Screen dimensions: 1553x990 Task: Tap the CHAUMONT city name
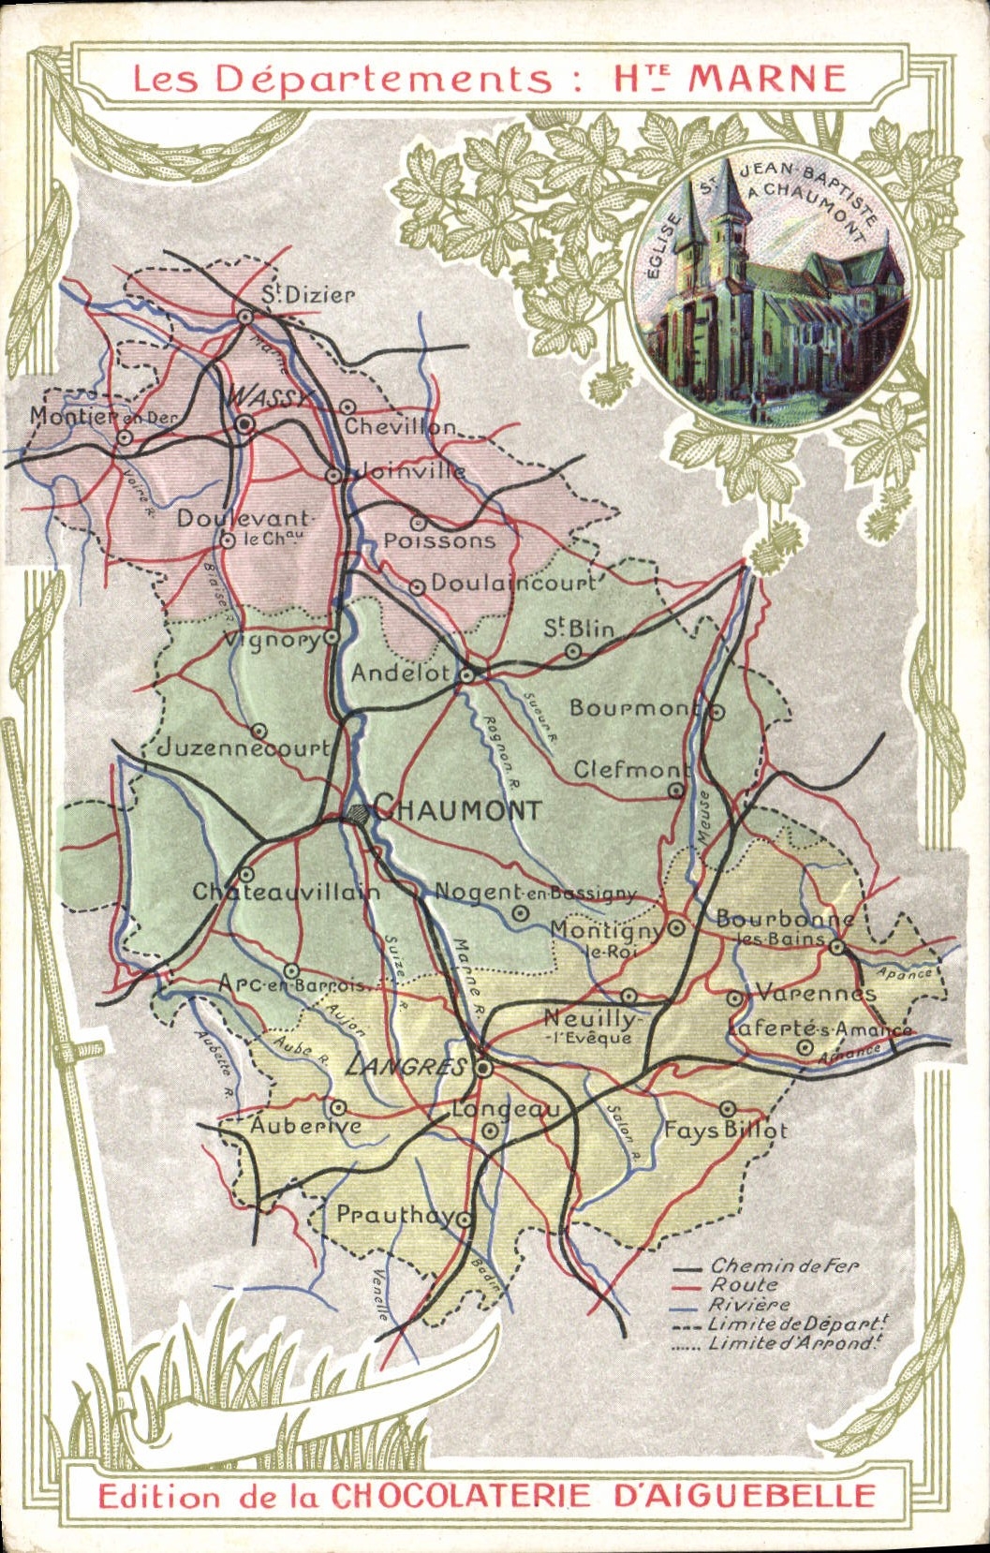pyautogui.click(x=457, y=810)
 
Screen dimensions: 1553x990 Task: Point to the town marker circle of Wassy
pyautogui.click(x=245, y=424)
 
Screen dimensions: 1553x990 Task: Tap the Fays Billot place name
pyautogui.click(x=726, y=1131)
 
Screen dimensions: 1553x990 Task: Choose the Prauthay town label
pyautogui.click(x=394, y=1215)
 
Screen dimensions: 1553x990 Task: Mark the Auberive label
pyautogui.click(x=304, y=1125)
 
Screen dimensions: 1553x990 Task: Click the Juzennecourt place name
pyautogui.click(x=243, y=747)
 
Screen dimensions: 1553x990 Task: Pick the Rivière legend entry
pyautogui.click(x=748, y=1305)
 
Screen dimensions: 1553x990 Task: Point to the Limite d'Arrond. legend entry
pyautogui.click(x=796, y=1343)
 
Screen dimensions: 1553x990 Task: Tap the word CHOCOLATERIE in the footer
pyautogui.click(x=460, y=1495)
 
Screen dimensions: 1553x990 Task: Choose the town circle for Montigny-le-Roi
pyautogui.click(x=677, y=928)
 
